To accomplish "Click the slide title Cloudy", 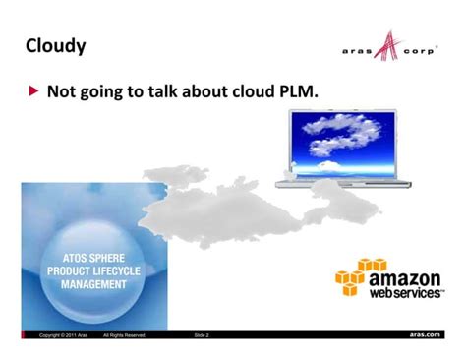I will coord(55,45).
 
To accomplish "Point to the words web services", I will coord(405,293).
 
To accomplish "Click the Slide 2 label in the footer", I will coord(202,335).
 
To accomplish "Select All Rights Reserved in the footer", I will coord(125,335).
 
